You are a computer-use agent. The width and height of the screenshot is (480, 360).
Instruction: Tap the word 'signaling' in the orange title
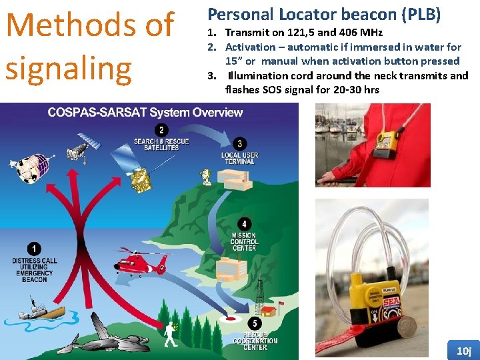[x=69, y=69]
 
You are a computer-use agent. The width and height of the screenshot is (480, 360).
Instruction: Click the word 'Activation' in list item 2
[x=250, y=47]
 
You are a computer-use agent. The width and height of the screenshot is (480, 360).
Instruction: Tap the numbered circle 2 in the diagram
[x=161, y=130]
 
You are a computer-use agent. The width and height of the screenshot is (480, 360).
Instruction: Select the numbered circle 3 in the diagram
[x=240, y=143]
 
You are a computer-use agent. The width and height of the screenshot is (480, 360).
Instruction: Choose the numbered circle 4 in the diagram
[x=245, y=224]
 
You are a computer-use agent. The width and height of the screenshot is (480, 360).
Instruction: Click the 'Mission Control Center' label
[x=244, y=241]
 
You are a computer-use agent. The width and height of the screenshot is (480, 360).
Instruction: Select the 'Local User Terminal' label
[x=239, y=157]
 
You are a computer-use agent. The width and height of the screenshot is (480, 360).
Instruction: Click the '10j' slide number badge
[x=463, y=351]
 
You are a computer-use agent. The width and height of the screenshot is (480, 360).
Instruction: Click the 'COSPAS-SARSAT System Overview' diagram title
[x=145, y=112]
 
